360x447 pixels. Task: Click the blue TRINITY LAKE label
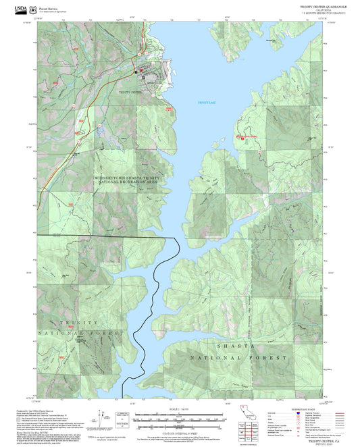tap(205, 103)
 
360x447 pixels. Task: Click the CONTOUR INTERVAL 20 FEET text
tap(180, 431)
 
